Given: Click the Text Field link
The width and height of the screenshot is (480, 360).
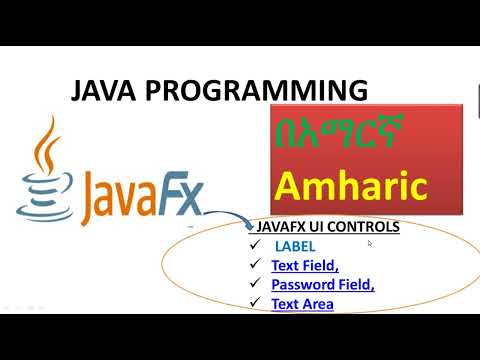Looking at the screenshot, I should point(303,265).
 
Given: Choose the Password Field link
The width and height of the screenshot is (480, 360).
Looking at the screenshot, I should point(322,284).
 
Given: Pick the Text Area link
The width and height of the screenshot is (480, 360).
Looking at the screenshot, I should point(302,303).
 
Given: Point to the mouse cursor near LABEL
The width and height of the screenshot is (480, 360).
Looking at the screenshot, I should point(369,242).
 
